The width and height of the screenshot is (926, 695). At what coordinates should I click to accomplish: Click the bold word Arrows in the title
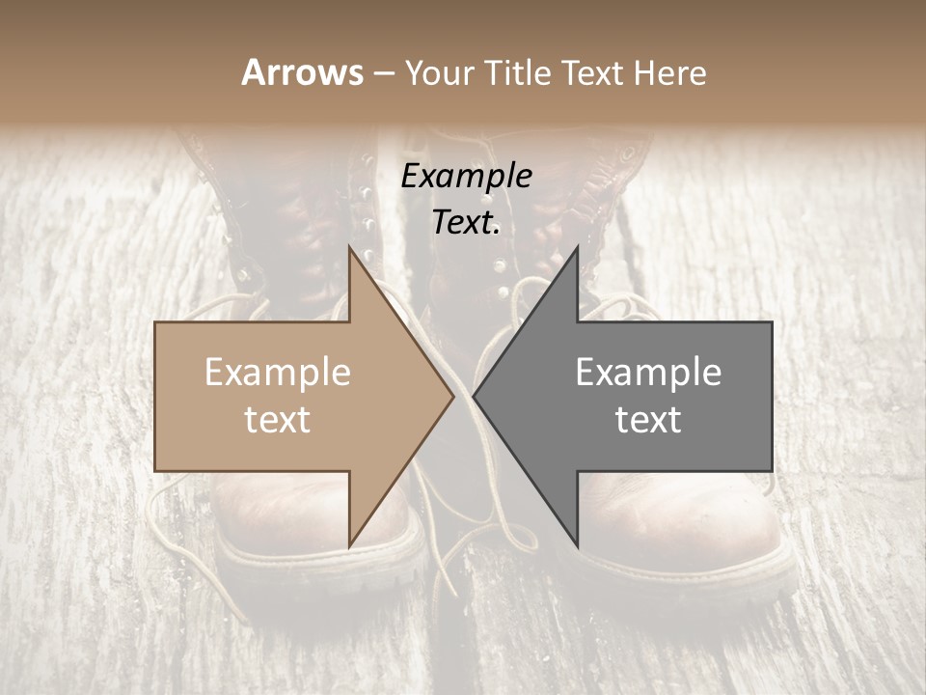tap(302, 72)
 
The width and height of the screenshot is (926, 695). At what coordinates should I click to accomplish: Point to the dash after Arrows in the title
tap(383, 74)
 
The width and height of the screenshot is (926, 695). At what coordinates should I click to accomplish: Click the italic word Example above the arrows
tap(466, 177)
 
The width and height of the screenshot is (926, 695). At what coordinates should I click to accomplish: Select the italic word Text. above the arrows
tap(466, 223)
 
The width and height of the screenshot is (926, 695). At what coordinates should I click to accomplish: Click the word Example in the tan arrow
tap(278, 373)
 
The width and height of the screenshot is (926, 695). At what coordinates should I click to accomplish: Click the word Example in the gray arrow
tap(648, 373)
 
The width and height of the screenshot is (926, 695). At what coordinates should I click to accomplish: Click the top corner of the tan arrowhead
tap(349, 248)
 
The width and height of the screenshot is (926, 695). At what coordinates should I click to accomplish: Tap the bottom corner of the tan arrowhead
tap(349, 545)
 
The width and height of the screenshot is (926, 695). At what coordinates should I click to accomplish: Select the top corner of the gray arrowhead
tap(577, 248)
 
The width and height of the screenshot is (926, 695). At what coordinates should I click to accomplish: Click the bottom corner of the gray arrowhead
tap(577, 545)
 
